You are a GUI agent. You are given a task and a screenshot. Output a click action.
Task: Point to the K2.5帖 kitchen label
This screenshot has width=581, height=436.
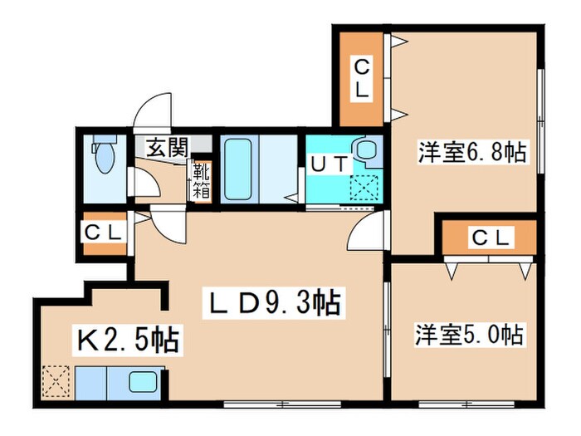(130, 340)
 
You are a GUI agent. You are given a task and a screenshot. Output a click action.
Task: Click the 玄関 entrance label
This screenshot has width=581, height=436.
(167, 149)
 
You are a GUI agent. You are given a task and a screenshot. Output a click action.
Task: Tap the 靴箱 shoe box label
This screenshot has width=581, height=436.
(202, 180)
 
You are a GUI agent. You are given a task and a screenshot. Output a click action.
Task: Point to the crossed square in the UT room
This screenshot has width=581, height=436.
(364, 187)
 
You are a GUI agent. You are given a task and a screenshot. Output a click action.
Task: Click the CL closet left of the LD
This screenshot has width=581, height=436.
(104, 232)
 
